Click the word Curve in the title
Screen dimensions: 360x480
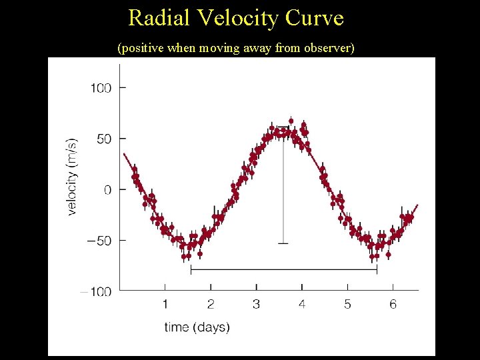click(x=315, y=18)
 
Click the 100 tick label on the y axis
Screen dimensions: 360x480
click(x=101, y=88)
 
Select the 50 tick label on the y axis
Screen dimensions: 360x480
click(x=104, y=139)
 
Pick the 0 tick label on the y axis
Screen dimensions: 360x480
click(x=106, y=190)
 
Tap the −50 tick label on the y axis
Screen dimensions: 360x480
click(x=100, y=240)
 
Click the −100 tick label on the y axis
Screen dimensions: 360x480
click(x=97, y=291)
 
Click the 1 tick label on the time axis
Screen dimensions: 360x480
click(x=165, y=305)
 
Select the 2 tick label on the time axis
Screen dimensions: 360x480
click(x=211, y=305)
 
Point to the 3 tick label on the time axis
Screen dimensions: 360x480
click(x=256, y=305)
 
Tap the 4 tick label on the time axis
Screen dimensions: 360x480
click(x=302, y=305)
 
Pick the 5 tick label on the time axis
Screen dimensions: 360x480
click(x=347, y=305)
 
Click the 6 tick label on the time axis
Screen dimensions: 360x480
click(x=393, y=305)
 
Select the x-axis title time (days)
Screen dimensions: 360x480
click(x=197, y=327)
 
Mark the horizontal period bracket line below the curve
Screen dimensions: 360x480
click(x=283, y=270)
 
